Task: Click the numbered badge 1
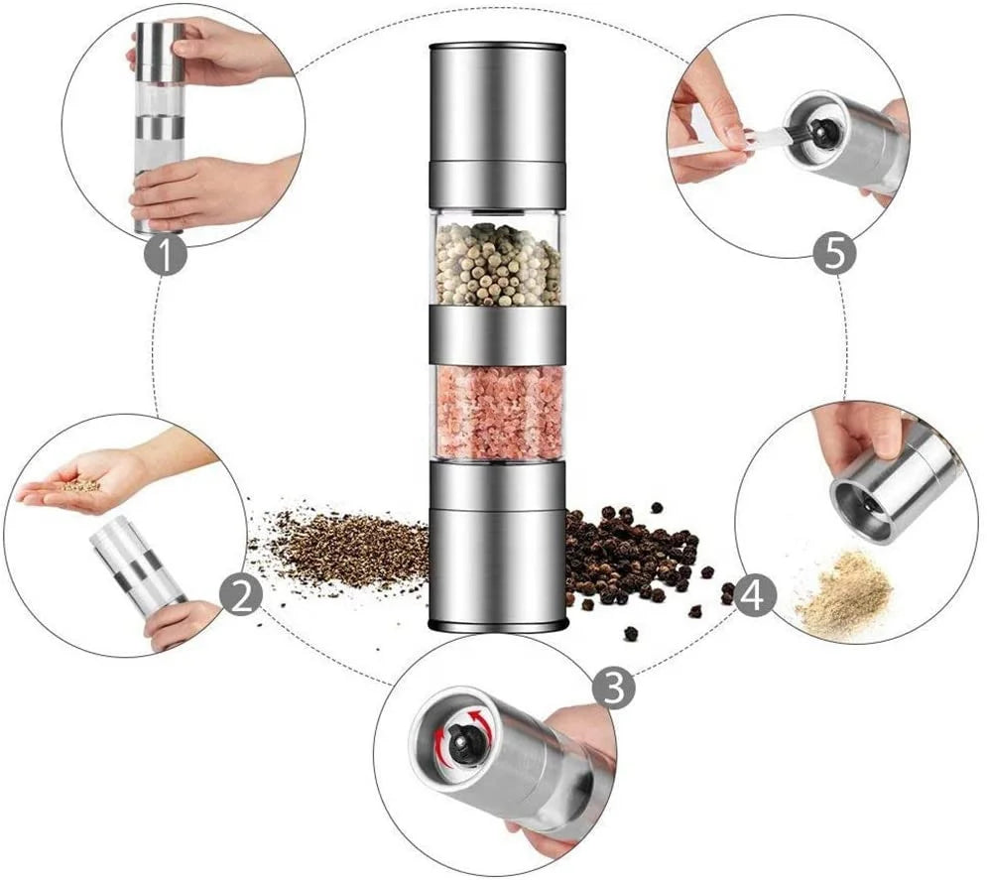(165, 254)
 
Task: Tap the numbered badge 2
(240, 595)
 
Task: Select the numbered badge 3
(614, 688)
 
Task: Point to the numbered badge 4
(755, 595)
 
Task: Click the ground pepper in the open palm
(80, 485)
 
